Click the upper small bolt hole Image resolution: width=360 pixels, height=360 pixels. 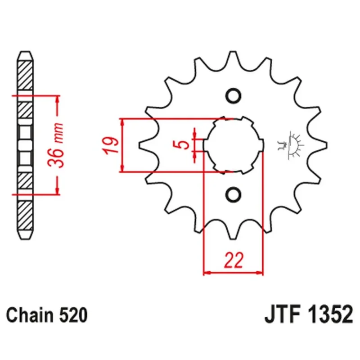(234, 95)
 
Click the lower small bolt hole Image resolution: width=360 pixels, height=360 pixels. (234, 194)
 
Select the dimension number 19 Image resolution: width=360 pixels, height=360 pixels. (111, 145)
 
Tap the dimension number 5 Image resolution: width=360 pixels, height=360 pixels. (184, 145)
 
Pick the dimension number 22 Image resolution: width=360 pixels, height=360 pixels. (234, 260)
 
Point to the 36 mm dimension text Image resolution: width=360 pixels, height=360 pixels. (55, 145)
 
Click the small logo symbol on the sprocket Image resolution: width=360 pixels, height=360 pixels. (290, 145)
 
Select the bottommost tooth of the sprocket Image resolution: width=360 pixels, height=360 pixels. (233, 231)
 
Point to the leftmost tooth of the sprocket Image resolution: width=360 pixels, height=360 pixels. (148, 145)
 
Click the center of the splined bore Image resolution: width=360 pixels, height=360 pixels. (234, 145)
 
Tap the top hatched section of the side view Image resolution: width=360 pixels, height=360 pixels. (25, 76)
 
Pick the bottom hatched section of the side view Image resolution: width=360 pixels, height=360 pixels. (25, 216)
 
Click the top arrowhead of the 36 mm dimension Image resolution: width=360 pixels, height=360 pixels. (58, 99)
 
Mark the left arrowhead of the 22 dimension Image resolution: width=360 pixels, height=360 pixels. (207, 273)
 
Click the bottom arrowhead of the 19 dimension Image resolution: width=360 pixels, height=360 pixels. (122, 168)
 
